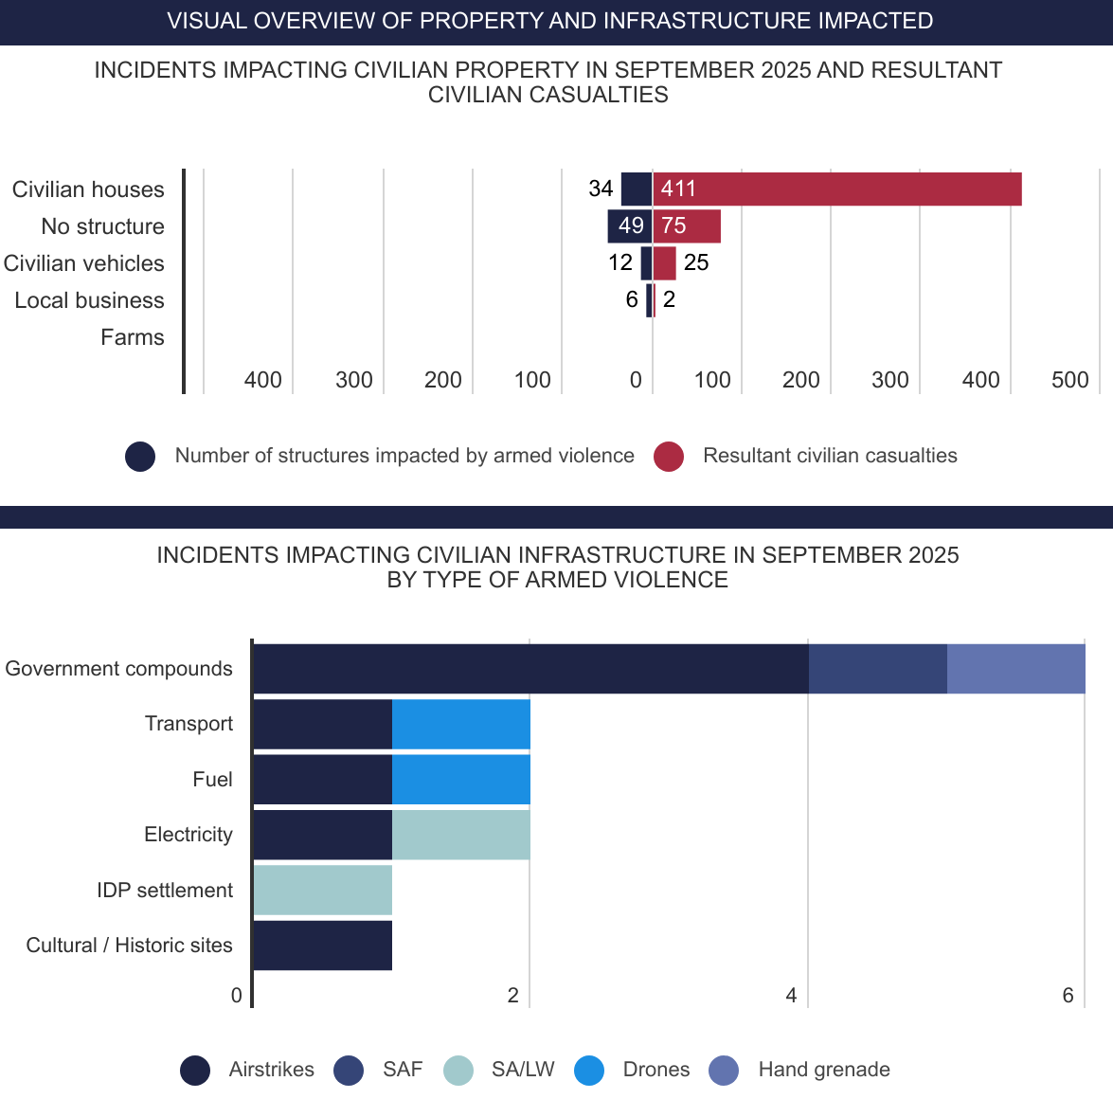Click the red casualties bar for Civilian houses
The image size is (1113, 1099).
click(x=837, y=189)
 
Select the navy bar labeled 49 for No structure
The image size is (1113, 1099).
click(x=629, y=225)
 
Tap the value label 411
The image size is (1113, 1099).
click(x=678, y=189)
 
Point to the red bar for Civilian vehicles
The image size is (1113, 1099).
click(x=664, y=262)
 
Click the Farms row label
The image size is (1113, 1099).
click(x=133, y=337)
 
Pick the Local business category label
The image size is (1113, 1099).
click(x=89, y=300)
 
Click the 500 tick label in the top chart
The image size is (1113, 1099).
click(x=1069, y=380)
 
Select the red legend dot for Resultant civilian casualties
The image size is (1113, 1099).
click(x=669, y=457)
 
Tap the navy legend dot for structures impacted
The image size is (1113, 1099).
click(x=140, y=457)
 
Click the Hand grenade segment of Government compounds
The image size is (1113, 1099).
click(x=1015, y=669)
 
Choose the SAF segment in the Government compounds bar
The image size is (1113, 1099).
click(x=877, y=669)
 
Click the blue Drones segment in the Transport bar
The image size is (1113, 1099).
click(x=460, y=724)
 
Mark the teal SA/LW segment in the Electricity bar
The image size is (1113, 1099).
click(x=460, y=835)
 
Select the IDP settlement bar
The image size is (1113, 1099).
click(x=322, y=890)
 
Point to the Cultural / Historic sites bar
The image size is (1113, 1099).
click(x=322, y=945)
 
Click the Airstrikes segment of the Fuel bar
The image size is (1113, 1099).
click(x=322, y=779)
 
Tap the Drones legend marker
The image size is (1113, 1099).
click(x=589, y=1071)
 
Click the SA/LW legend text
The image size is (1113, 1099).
click(x=523, y=1070)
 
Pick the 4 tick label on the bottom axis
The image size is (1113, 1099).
click(x=791, y=995)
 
